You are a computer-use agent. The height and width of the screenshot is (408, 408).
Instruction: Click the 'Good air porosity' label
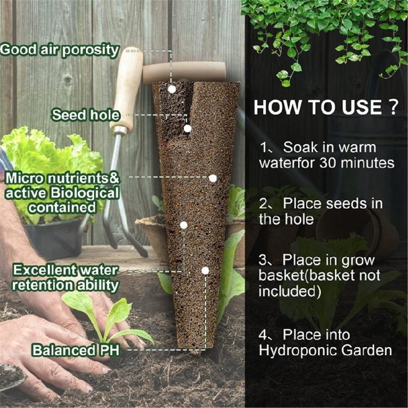(x=60, y=50)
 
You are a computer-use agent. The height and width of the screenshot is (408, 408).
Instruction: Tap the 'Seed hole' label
(x=85, y=115)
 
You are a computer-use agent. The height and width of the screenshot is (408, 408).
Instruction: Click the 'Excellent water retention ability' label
(x=66, y=277)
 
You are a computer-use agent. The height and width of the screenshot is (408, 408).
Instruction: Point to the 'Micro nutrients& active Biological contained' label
(x=61, y=193)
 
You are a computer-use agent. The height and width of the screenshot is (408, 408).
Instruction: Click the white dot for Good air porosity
(x=172, y=89)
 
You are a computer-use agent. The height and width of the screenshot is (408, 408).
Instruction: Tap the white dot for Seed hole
(x=187, y=128)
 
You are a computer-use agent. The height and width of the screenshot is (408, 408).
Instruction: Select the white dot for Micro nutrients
(x=213, y=178)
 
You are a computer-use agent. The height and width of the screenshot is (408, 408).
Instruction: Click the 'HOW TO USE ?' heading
(x=326, y=107)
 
